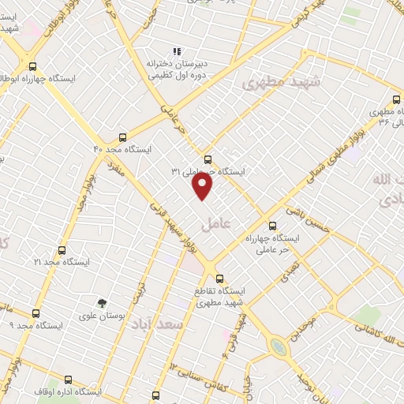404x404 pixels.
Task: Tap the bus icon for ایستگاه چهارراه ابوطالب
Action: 32,66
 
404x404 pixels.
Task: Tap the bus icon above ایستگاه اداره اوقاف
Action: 68,380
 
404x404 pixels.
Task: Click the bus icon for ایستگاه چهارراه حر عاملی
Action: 272,225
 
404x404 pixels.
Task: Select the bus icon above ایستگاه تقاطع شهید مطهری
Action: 220,278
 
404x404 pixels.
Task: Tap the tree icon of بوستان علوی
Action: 101,302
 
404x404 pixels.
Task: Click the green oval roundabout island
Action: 277,346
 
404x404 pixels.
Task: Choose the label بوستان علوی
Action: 102,316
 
